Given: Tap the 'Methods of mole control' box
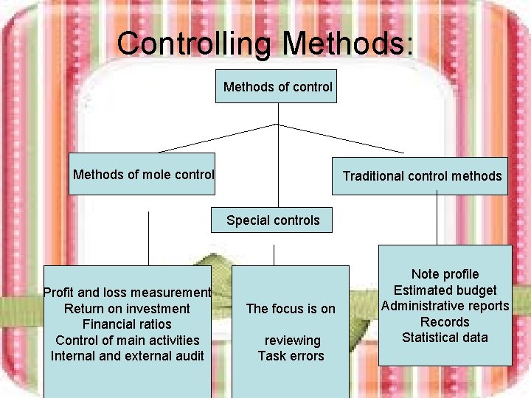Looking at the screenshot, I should tap(142, 174).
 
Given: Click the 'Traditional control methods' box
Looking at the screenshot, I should tap(421, 176).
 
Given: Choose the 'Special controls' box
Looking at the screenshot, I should tap(273, 220).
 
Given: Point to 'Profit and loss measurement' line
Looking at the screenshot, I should tap(127, 293).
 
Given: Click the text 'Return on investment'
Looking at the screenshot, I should tap(127, 308).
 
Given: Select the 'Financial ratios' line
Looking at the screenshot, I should tap(127, 324).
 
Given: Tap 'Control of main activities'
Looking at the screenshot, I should tap(127, 340).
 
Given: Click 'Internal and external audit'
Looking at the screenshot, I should tap(127, 356).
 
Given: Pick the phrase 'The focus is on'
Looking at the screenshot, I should tap(291, 309).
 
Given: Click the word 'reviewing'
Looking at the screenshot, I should tap(292, 341).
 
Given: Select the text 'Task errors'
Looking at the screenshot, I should tap(291, 356).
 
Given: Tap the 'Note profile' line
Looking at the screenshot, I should tap(445, 274).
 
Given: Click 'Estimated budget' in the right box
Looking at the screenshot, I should tap(445, 290).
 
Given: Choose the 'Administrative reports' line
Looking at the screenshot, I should tap(445, 306).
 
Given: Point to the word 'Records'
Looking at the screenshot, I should tap(445, 322).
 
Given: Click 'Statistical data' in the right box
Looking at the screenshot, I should tap(445, 338).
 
